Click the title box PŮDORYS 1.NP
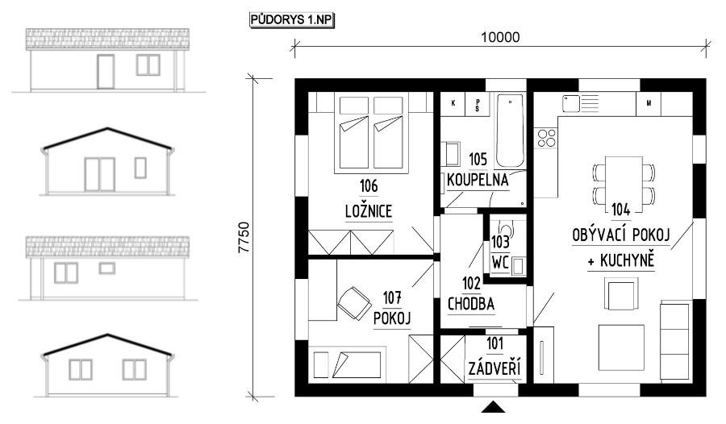(292, 20)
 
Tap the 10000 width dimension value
(500, 37)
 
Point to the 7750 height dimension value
(244, 238)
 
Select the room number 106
(369, 186)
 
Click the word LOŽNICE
(369, 211)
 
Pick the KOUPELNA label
(478, 180)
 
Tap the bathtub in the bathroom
(510, 131)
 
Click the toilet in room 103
(506, 230)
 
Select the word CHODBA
(471, 304)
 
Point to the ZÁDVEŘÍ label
(494, 369)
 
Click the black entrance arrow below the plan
(493, 407)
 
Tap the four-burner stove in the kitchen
(546, 138)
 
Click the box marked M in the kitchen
(649, 104)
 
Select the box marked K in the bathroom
(453, 103)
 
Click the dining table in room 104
(624, 183)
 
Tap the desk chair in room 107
(354, 303)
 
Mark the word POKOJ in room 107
(392, 318)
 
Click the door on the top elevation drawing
(106, 72)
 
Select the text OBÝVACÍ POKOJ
(621, 235)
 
